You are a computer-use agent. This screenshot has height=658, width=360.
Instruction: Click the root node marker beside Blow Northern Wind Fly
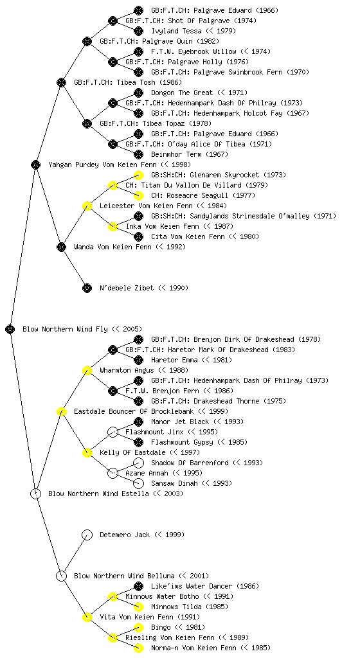[10, 329]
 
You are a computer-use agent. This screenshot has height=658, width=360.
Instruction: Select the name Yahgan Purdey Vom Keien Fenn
[102, 164]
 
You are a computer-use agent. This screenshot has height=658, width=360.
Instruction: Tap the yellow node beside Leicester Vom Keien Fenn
[87, 206]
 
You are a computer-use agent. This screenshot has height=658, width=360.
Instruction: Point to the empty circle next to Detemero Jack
[87, 535]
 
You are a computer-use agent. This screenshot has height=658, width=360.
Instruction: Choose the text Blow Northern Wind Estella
[98, 493]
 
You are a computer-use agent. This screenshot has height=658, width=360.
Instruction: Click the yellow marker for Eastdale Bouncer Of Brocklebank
[61, 411]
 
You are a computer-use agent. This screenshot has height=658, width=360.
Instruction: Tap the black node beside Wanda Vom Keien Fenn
[61, 247]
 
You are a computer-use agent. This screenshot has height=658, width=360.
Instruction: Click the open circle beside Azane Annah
[113, 473]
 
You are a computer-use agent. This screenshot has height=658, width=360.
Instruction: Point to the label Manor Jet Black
[180, 422]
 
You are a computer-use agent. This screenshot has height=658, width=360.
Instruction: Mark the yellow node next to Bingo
[138, 627]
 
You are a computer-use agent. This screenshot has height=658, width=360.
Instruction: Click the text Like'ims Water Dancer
[192, 586]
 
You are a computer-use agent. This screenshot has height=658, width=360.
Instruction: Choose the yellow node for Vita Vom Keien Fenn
[87, 617]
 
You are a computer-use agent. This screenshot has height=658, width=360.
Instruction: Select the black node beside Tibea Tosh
[61, 82]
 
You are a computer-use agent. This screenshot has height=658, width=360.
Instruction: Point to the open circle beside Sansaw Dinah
[138, 483]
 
